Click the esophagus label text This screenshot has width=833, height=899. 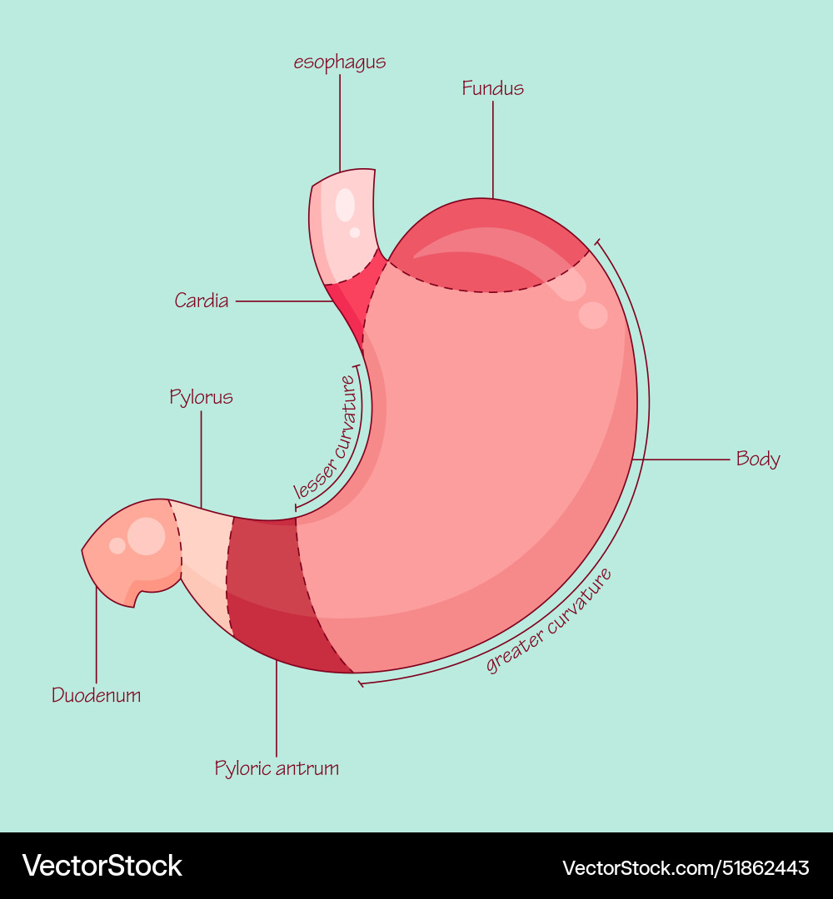(x=340, y=63)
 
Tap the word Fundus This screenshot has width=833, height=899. (x=493, y=88)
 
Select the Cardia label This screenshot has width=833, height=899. (x=202, y=300)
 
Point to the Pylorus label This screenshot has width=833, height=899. (x=201, y=397)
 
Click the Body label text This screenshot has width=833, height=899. (x=758, y=459)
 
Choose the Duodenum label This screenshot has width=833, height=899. (x=96, y=695)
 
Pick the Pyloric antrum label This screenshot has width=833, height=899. (x=277, y=767)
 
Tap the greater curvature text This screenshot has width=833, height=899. (x=550, y=620)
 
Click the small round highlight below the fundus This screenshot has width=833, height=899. (x=593, y=315)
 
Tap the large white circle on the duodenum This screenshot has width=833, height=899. (x=147, y=536)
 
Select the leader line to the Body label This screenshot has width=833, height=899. (x=683, y=459)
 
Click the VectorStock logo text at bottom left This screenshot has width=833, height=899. (x=102, y=866)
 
